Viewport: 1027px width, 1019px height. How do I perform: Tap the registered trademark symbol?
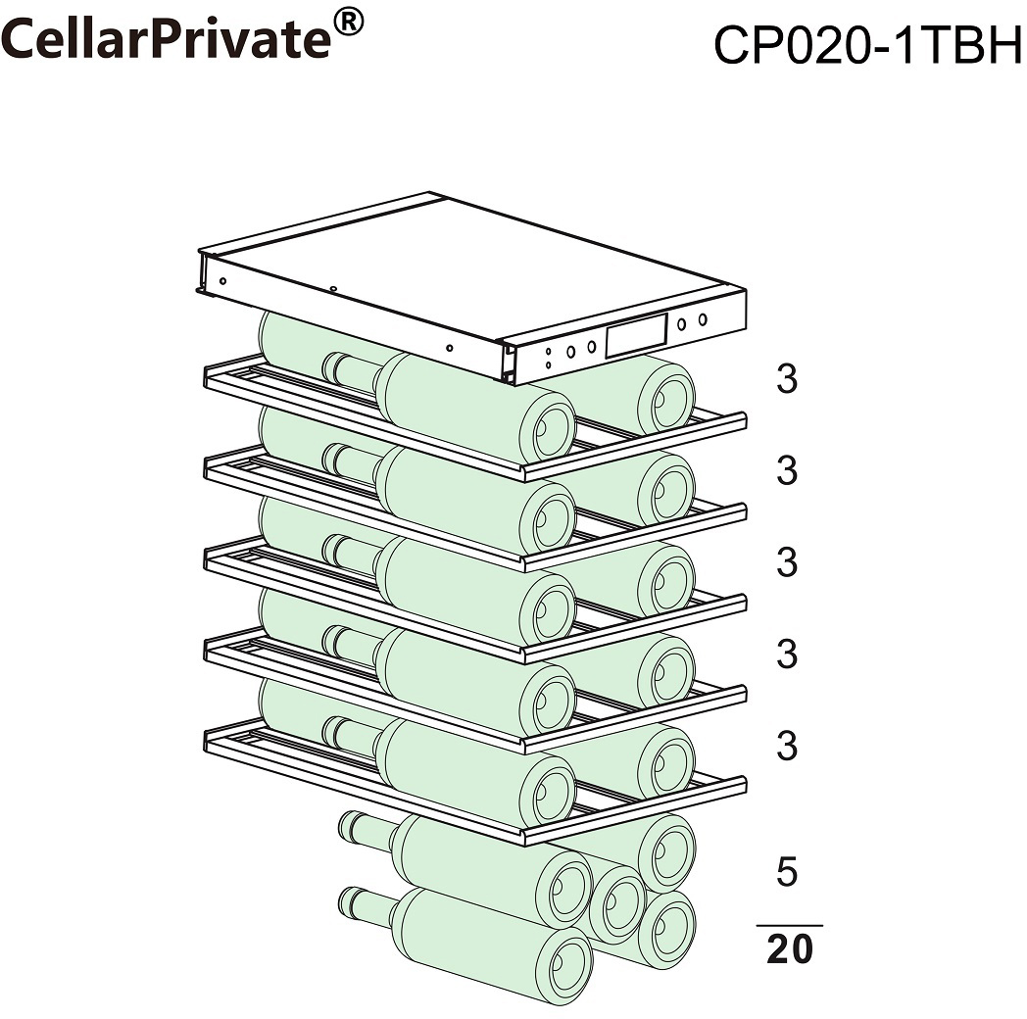(348, 21)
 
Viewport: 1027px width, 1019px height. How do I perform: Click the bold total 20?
(789, 948)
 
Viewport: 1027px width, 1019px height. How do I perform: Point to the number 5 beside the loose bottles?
(787, 871)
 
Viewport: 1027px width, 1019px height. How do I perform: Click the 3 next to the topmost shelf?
(787, 378)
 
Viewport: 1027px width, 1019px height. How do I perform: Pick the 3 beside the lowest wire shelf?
(787, 746)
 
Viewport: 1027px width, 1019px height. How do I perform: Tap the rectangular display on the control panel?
(636, 335)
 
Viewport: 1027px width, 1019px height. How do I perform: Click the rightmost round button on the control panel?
(702, 319)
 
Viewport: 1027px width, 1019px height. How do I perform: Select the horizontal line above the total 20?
(789, 925)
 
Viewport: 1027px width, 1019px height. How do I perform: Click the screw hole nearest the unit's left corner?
(222, 281)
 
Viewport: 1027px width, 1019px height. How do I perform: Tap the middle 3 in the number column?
(787, 561)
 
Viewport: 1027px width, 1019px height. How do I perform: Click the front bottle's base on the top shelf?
(547, 429)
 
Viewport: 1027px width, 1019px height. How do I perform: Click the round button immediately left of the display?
(591, 347)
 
